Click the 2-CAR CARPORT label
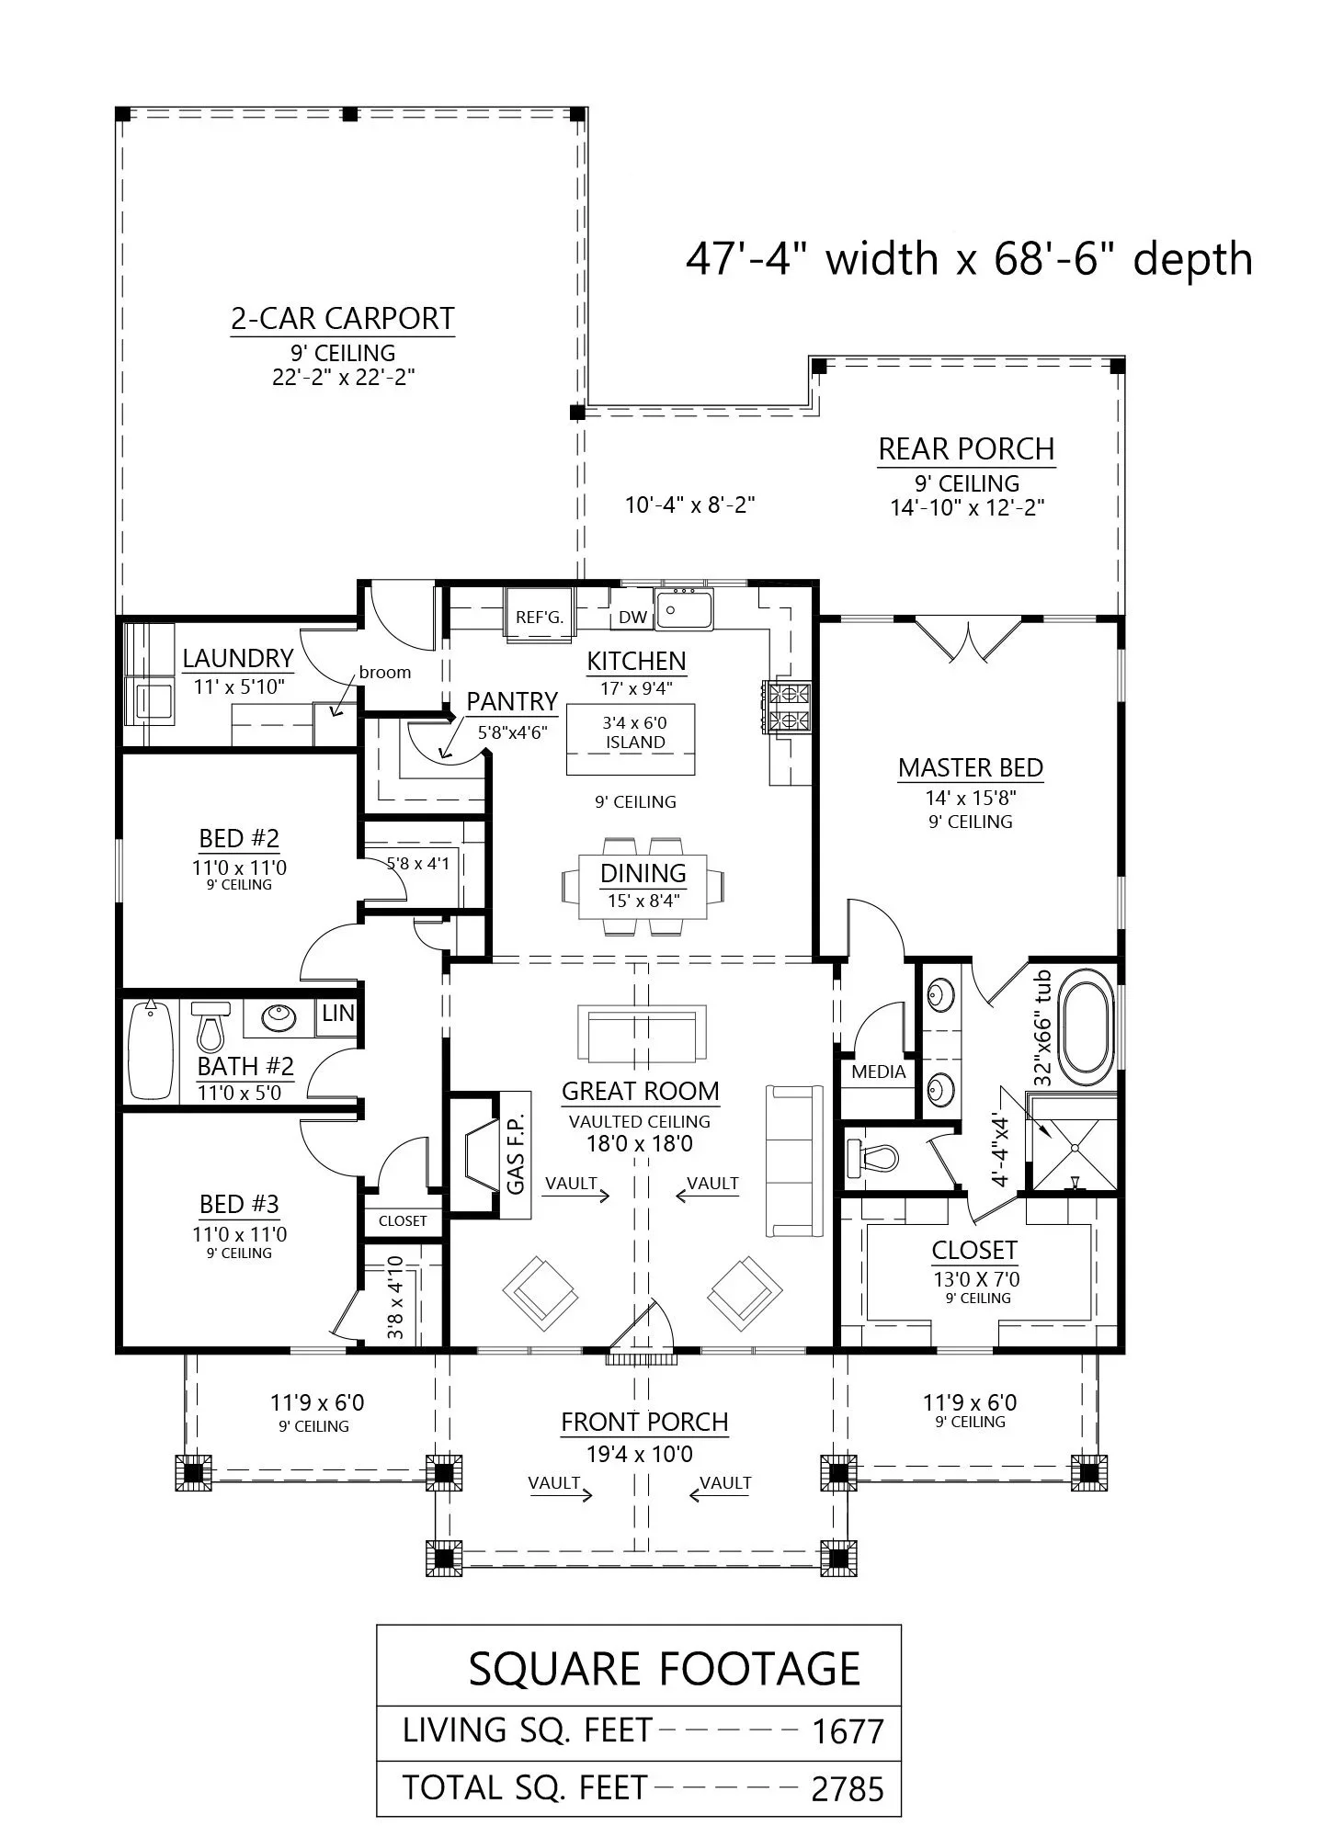point(342,318)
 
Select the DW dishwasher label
point(632,618)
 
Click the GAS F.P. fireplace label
point(516,1154)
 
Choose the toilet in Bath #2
point(210,1026)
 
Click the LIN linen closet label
point(338,1013)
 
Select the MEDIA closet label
point(878,1072)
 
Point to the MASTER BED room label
point(970,767)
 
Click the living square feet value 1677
point(848,1732)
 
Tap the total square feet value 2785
point(848,1789)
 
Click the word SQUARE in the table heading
point(554,1669)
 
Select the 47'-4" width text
point(812,259)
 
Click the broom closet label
point(385,672)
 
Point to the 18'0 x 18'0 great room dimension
point(640,1144)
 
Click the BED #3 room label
point(239,1204)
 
